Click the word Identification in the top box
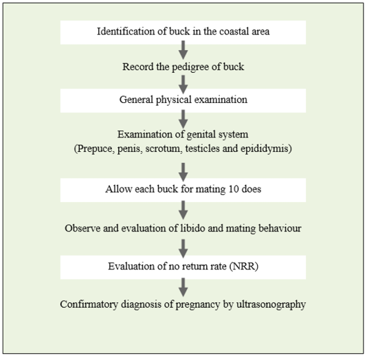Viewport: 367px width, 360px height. pos(126,32)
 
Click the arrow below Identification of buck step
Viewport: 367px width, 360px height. pos(183,50)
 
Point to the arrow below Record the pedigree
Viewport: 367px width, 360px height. pos(183,85)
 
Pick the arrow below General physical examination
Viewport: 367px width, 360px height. pos(183,119)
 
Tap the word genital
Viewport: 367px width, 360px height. pos(201,135)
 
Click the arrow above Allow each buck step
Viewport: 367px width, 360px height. pos(183,172)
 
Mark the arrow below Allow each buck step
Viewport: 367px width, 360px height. pos(183,210)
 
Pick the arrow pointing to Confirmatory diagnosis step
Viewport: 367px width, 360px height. pos(183,287)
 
